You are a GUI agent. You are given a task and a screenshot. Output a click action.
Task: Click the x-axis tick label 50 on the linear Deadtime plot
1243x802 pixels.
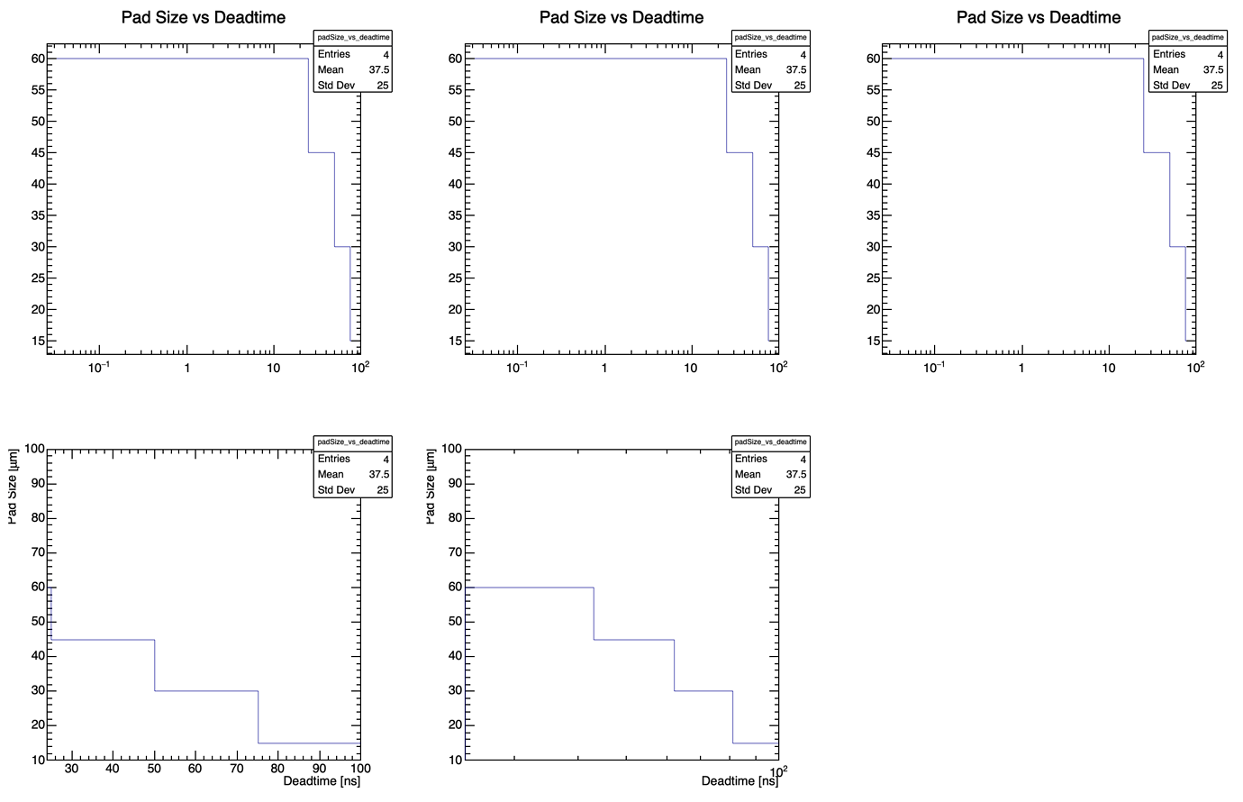pos(154,769)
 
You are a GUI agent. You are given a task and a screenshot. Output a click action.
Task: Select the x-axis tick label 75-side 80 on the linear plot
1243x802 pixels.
pos(278,769)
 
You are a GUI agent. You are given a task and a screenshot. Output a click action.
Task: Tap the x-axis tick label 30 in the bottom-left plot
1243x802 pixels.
pos(71,769)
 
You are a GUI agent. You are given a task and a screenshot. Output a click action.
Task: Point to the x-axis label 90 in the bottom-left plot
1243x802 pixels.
pos(320,769)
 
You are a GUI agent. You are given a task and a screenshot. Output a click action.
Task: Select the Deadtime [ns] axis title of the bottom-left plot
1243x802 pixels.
pos(322,781)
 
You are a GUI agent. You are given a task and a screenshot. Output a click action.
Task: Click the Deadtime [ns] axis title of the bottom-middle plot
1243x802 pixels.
pos(739,781)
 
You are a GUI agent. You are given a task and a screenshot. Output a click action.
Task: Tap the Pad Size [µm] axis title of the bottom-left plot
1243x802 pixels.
pos(13,487)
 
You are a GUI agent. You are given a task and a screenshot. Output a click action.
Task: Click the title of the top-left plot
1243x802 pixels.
pos(204,17)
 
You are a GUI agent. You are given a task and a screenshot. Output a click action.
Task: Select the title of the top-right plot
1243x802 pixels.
pos(1039,17)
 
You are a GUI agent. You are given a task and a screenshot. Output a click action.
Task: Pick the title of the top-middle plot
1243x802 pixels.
pos(621,17)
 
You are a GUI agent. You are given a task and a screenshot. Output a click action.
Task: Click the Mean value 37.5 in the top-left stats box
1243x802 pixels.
pos(378,69)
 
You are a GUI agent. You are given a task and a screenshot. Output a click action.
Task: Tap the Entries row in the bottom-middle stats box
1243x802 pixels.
pos(770,459)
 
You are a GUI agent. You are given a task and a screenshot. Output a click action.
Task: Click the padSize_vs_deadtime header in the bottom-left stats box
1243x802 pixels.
pos(353,442)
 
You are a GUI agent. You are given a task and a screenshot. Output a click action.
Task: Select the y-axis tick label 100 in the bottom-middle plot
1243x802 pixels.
pos(450,449)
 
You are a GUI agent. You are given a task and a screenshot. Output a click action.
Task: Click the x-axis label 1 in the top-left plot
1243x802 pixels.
pos(186,368)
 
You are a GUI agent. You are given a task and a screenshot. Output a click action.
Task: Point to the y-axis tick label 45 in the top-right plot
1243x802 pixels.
pos(873,152)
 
